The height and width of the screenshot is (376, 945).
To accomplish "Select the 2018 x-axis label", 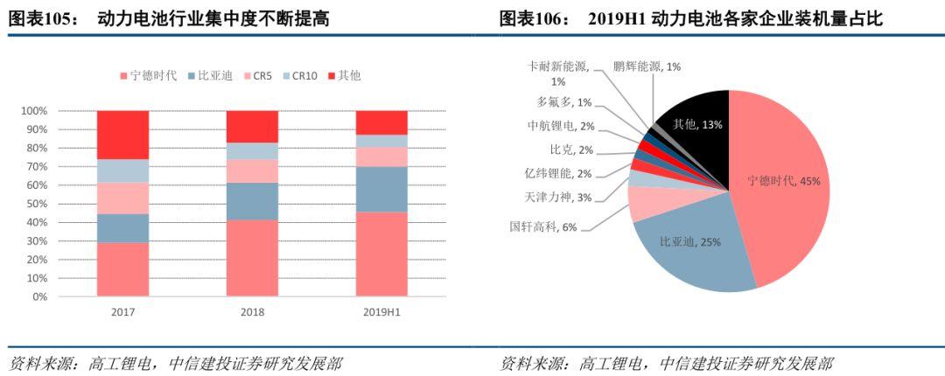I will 252,311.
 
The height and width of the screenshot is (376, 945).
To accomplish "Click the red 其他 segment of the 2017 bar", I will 122,135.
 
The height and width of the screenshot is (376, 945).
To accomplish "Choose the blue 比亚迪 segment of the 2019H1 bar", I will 381,189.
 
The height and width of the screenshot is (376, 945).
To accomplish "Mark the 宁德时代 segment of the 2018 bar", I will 252,258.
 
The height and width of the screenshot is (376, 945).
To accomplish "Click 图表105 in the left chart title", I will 36,17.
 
